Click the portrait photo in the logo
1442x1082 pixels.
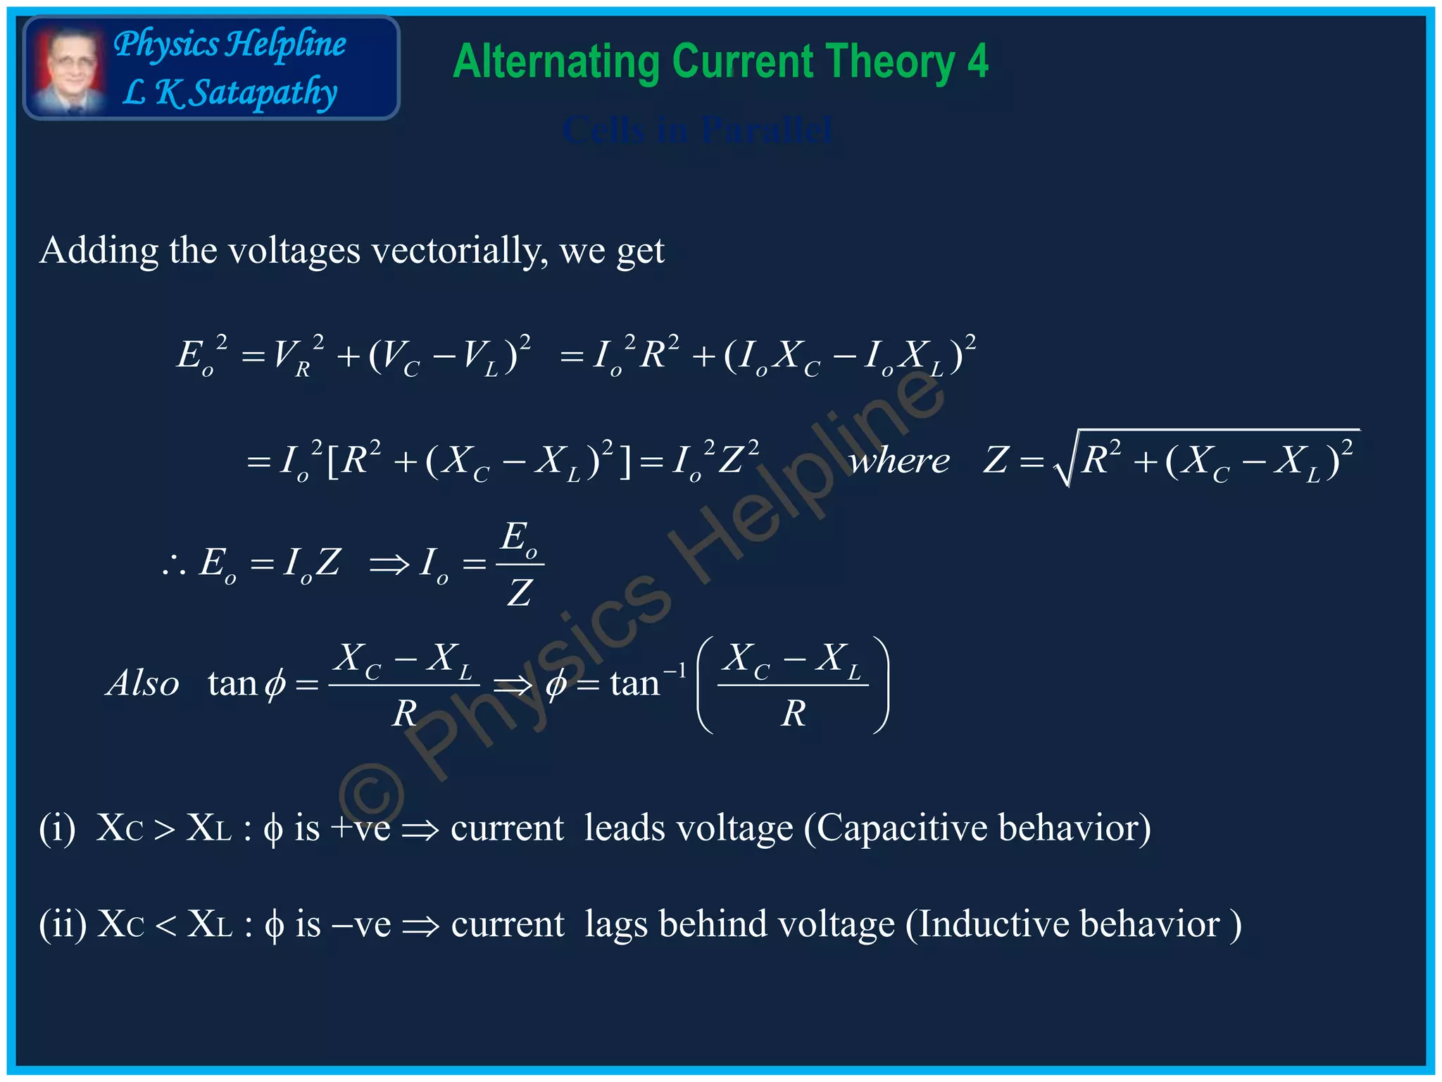68,69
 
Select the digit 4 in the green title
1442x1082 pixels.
977,62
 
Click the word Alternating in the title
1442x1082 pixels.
556,62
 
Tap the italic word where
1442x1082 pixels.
899,462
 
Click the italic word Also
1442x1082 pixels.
143,683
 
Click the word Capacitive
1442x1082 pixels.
899,828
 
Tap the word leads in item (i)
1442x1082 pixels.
625,828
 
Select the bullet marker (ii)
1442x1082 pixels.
63,925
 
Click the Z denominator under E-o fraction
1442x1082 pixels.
520,592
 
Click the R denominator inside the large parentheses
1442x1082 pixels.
794,714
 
